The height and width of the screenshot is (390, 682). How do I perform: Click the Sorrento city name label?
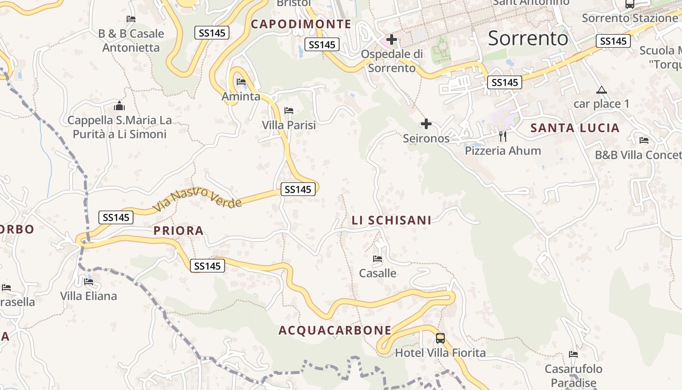(x=528, y=38)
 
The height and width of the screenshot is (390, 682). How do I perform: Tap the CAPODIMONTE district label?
(x=301, y=24)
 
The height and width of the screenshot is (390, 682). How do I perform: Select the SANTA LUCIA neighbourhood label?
(x=575, y=128)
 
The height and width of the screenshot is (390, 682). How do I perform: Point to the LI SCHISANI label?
(x=392, y=220)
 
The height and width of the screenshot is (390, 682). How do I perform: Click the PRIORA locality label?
(x=178, y=231)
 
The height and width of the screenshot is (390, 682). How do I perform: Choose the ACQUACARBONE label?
(x=335, y=331)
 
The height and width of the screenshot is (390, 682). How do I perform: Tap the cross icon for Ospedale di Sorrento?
(x=391, y=39)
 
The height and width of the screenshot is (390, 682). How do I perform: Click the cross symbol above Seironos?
(x=426, y=124)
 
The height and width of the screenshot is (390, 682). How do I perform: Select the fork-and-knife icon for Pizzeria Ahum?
(x=503, y=136)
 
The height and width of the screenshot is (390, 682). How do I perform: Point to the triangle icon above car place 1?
(x=601, y=90)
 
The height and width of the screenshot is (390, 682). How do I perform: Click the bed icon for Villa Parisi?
(x=289, y=111)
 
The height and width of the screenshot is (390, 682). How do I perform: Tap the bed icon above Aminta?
(x=241, y=82)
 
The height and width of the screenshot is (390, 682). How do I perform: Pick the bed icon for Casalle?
(x=378, y=259)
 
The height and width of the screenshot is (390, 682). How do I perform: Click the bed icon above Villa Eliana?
(x=89, y=282)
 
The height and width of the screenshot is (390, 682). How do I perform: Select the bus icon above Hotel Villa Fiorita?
(x=440, y=338)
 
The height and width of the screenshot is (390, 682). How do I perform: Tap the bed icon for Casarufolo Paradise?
(x=573, y=354)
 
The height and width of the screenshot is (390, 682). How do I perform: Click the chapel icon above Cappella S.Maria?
(x=119, y=106)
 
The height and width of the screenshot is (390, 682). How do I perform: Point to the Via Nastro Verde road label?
(x=197, y=199)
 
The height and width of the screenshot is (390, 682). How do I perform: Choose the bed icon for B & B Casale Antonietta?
(x=131, y=19)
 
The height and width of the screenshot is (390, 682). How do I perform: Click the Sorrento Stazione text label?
(x=630, y=19)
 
